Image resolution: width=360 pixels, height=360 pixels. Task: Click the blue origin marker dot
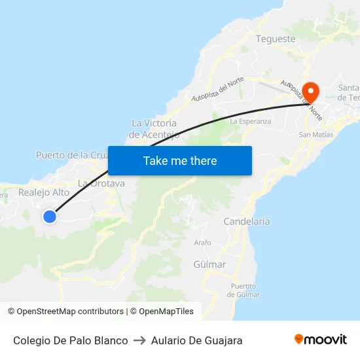coord(49,216)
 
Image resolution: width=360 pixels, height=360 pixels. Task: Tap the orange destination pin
coord(309,92)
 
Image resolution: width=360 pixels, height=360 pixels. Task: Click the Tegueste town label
coord(276,39)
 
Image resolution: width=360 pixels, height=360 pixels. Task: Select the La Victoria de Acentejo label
coord(154,129)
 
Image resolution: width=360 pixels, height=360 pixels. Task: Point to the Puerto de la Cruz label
coord(71,155)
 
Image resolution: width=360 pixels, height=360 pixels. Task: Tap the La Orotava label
coord(101,183)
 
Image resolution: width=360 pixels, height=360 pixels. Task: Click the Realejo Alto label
coord(43,192)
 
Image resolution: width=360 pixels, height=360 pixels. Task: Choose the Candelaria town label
coord(247,221)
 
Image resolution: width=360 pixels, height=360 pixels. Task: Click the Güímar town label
coord(209,264)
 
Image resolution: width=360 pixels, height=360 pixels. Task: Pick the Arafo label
coord(203,242)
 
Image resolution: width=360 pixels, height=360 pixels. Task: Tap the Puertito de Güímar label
coord(243,290)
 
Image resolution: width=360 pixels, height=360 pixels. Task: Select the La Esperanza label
coord(250,121)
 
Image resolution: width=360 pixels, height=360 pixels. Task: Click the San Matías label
coord(315,134)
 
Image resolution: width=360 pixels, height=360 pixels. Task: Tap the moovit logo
coord(320,340)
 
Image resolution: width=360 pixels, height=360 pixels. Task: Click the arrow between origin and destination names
coord(139,340)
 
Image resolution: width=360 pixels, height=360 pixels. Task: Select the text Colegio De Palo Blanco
coord(71,340)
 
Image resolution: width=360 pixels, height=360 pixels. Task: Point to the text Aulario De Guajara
coord(196,340)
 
